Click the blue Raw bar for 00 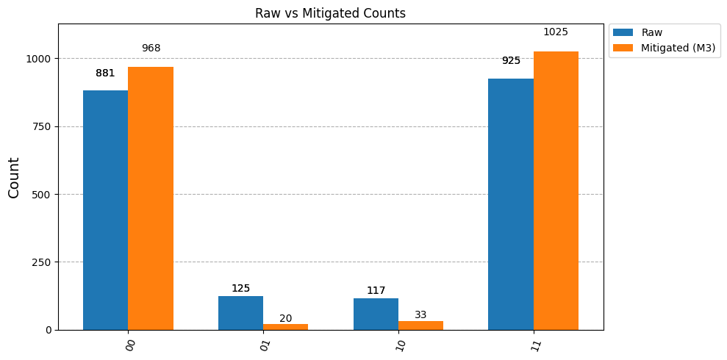point(105,210)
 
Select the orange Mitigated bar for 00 point(151,198)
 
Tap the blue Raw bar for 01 point(240,313)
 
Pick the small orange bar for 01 point(286,327)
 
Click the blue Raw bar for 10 point(376,314)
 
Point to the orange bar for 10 point(421,325)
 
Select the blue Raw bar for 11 point(511,204)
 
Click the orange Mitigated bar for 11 point(556,191)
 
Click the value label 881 point(105,73)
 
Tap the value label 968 point(151,48)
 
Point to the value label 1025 point(556,32)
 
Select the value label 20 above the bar point(286,318)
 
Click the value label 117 point(376,290)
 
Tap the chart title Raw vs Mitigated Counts point(330,14)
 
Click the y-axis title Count point(15,178)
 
